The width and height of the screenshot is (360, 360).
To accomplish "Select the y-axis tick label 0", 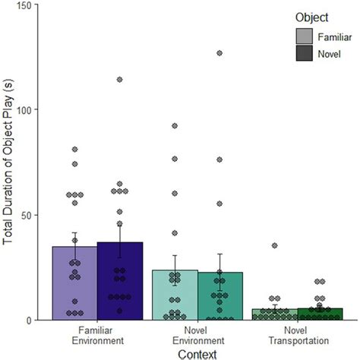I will tap(33, 320).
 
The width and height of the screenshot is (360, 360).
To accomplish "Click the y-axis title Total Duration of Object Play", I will tap(9, 163).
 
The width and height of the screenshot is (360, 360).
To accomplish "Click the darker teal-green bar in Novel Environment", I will tap(219, 296).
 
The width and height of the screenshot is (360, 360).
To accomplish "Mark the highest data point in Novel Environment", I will tap(219, 53).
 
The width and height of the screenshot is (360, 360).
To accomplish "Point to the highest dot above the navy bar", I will tap(119, 80).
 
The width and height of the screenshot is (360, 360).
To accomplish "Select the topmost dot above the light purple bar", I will tap(74, 150).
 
